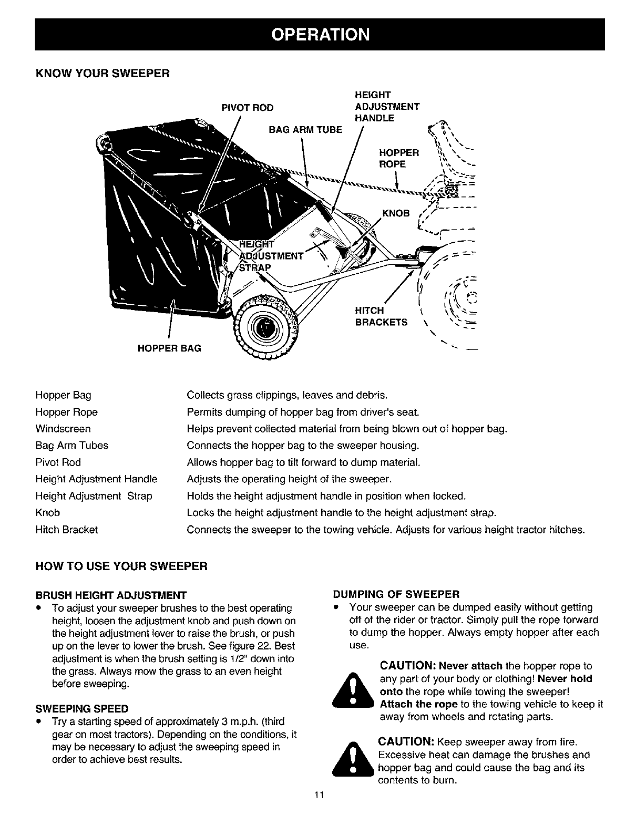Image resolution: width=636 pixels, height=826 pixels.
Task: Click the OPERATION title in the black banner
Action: pos(320,35)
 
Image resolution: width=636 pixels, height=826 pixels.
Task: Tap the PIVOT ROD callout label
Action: pos(249,108)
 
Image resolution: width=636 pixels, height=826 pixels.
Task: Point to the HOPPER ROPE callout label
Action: pos(399,158)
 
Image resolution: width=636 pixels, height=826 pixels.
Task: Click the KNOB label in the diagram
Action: pos(396,213)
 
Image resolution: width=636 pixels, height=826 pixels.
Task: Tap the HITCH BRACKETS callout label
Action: pos(381,317)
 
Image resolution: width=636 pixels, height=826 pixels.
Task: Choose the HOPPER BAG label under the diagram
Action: pos(170,348)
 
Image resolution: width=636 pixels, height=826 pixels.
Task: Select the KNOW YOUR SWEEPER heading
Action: pos(102,73)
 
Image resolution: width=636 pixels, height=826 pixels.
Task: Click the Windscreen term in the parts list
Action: pos(63,429)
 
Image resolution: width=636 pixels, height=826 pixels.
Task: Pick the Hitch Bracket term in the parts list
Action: pos(67,530)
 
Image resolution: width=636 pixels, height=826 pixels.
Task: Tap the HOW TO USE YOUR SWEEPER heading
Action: pos(122,566)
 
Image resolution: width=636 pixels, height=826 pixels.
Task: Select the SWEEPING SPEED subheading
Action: pos(82,707)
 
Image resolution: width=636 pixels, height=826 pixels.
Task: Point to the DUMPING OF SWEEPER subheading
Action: pos(397,594)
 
